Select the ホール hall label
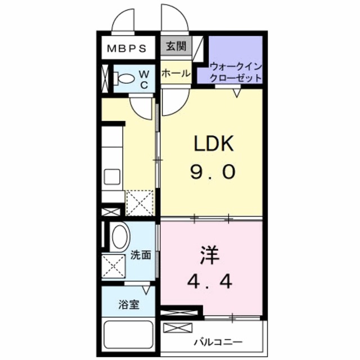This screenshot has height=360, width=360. point(175,74)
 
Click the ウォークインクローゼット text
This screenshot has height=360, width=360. point(235,73)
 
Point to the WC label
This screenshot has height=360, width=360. point(143,79)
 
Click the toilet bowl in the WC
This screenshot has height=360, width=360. point(125,79)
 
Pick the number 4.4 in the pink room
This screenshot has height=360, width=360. point(211,281)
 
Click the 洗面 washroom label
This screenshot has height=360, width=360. point(141,255)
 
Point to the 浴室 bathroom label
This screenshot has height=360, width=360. point(129,305)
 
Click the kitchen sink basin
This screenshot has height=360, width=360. point(112,177)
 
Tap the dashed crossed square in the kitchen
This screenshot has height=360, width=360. point(139,204)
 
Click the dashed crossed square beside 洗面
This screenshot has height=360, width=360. point(114,265)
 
